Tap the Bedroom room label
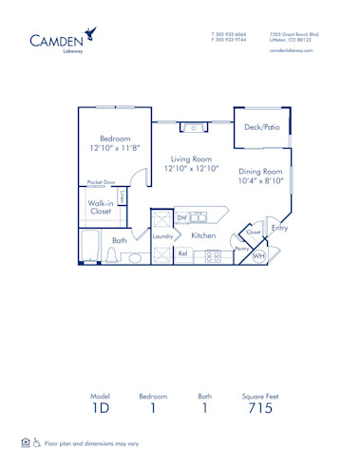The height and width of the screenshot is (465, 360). pos(115,139)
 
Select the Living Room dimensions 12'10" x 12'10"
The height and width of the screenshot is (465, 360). pos(191,168)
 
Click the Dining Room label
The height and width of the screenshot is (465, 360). pos(260,172)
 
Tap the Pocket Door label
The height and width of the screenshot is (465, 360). pos(101,181)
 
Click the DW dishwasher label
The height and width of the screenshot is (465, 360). pos(181,218)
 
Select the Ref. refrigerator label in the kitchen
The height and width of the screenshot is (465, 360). pos(183,254)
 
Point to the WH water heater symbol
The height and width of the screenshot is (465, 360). pos(258,254)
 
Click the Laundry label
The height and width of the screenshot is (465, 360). pos(162,236)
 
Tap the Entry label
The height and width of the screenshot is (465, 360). pos(279,228)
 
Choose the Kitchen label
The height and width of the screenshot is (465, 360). pos(204,236)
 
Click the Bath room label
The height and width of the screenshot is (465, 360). pos(119,241)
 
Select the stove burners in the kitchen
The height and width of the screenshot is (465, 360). pos(213,255)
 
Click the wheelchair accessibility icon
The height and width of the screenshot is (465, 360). pos(37,442)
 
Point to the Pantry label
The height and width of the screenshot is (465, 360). pos(241,249)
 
